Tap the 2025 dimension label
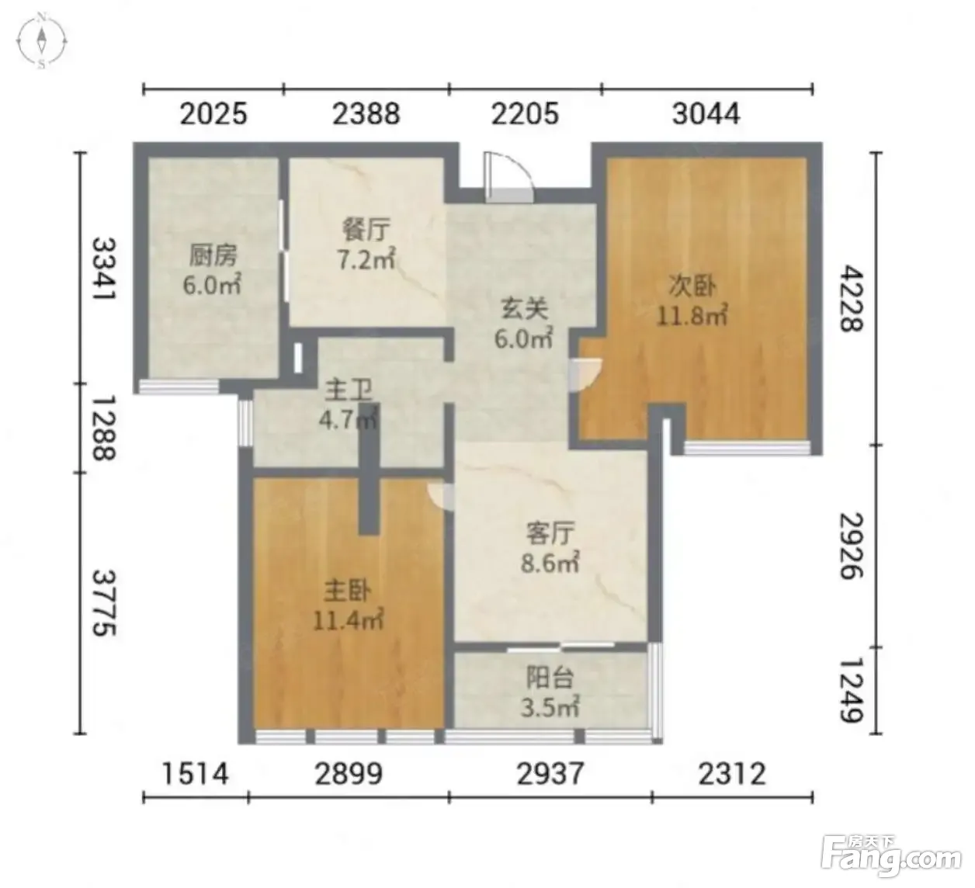(213, 114)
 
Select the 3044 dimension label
(706, 114)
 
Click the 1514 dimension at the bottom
(194, 774)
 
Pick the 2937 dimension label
(550, 774)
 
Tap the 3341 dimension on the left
(105, 269)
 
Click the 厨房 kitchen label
(213, 255)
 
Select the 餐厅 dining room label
(366, 231)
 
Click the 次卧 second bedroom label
(692, 286)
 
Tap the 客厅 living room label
(550, 534)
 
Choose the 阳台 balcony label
(550, 678)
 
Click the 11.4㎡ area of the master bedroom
(348, 621)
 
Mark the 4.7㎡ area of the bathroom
(348, 419)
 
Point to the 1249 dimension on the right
(852, 691)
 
